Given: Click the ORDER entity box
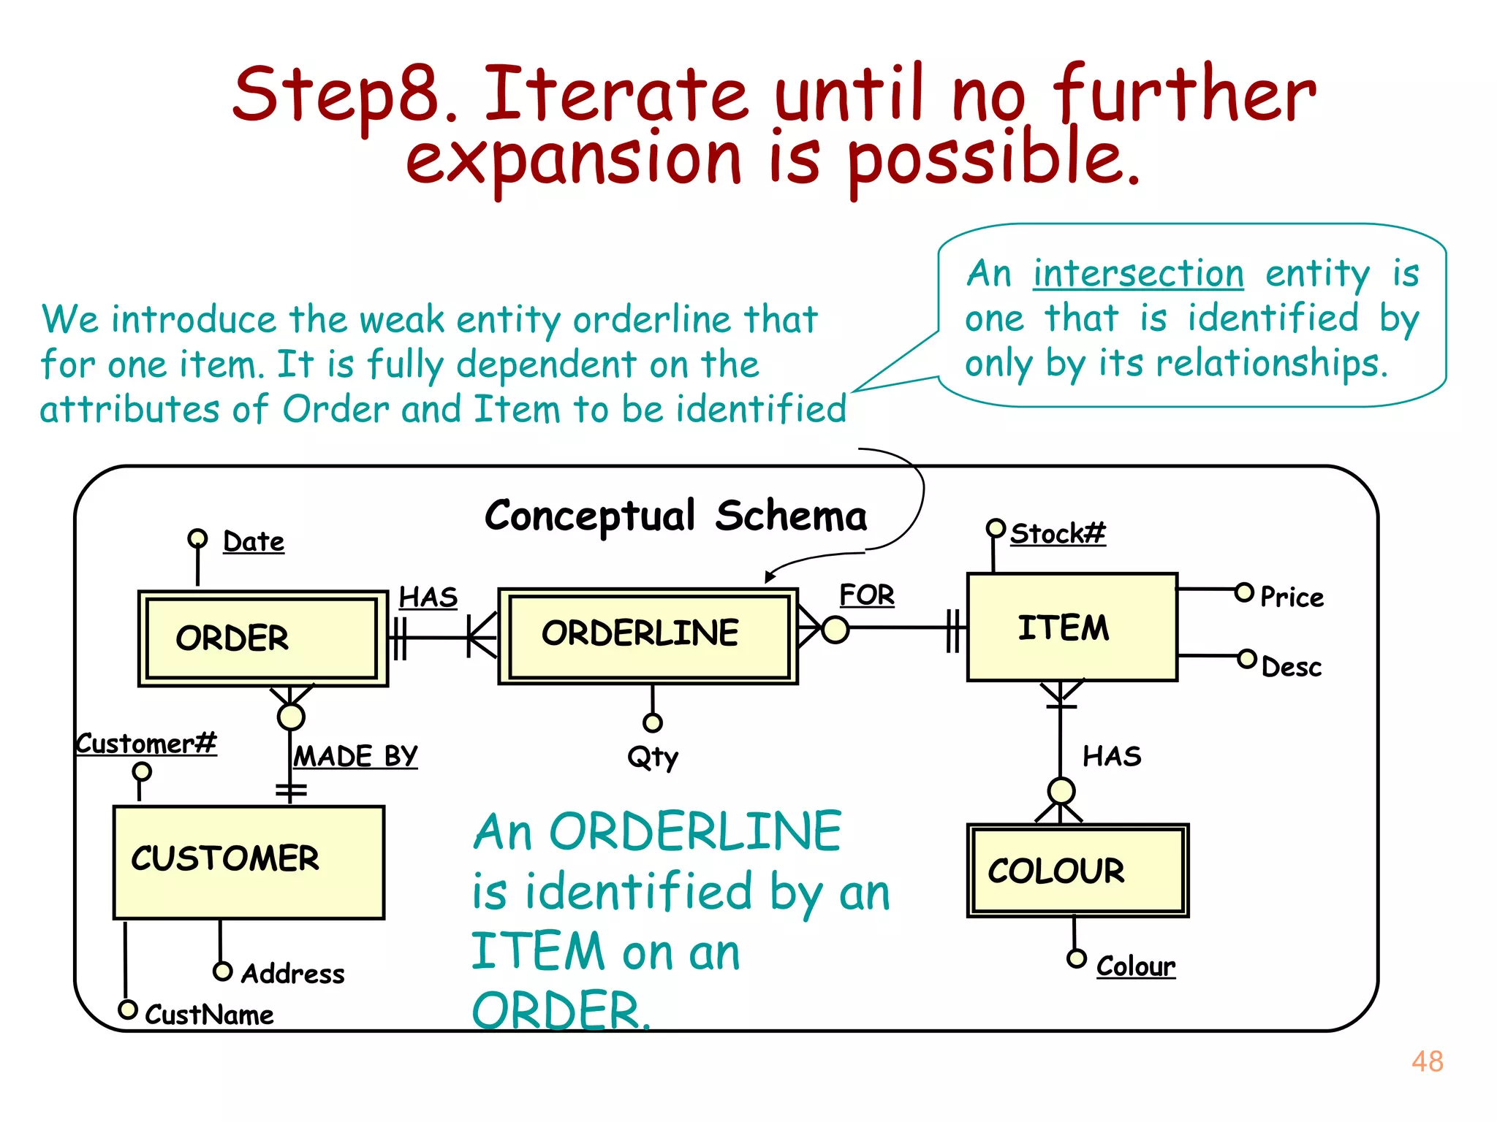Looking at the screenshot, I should coord(262,638).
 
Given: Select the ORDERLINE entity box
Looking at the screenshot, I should coord(648,636).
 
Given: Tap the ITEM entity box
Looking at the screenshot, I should coord(1072,627).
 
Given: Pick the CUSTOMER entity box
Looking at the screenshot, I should coord(249,862).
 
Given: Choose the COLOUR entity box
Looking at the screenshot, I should coord(1077,870).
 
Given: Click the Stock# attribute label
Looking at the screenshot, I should coord(1057,533).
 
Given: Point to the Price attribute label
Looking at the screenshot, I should coord(1292,597).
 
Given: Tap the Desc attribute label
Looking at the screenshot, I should coord(1292,667).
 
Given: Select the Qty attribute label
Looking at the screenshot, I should coord(653,757).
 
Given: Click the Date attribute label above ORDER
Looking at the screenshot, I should coord(253,541).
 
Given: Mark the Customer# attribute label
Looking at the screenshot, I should coord(146,744).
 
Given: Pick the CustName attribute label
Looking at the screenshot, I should coord(209,1015).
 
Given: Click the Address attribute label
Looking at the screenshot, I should coord(292,973).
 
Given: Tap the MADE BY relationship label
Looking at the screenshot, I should coord(355,756).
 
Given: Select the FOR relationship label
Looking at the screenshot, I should coord(866,595).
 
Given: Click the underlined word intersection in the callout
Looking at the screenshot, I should coord(1138,274).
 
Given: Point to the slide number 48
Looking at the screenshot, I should coord(1427,1061).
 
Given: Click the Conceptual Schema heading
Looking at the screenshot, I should coord(675,516).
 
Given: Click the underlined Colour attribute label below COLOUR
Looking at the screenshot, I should coord(1135,966).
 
